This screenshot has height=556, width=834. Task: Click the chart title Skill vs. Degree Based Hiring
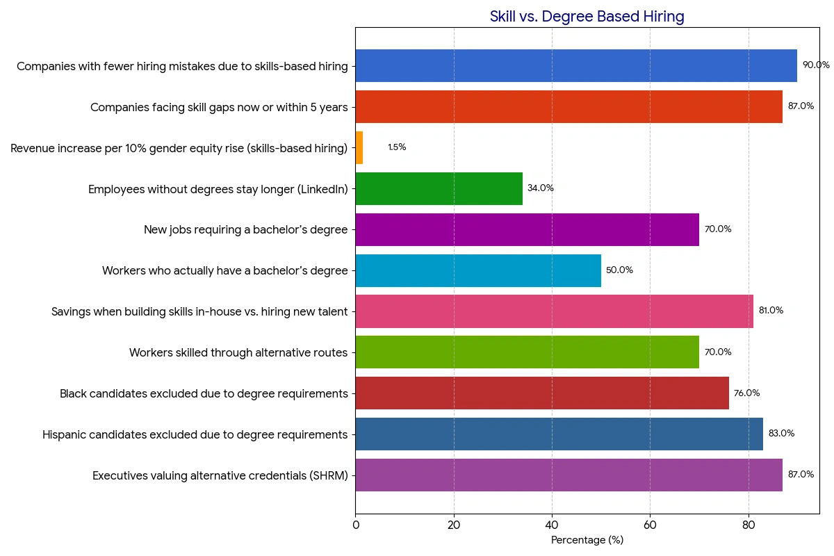pyautogui.click(x=587, y=17)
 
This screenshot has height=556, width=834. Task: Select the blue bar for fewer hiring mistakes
pyautogui.click(x=575, y=66)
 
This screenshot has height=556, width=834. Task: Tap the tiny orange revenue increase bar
pyautogui.click(x=359, y=147)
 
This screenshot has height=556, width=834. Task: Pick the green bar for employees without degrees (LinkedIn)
pyautogui.click(x=439, y=188)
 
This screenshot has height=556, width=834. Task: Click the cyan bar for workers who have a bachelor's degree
pyautogui.click(x=477, y=270)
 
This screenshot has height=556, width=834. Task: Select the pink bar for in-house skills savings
pyautogui.click(x=554, y=311)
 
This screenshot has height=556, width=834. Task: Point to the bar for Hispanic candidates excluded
pyautogui.click(x=559, y=434)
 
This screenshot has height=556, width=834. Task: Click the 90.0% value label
pyautogui.click(x=816, y=65)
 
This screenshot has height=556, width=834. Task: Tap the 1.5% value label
pyautogui.click(x=397, y=147)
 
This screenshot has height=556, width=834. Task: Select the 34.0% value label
pyautogui.click(x=541, y=188)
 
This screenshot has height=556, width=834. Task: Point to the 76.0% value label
pyautogui.click(x=746, y=393)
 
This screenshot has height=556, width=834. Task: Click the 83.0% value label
pyautogui.click(x=781, y=434)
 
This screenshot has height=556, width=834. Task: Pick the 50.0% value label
pyautogui.click(x=619, y=270)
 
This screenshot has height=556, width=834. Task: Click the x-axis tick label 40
pyautogui.click(x=552, y=525)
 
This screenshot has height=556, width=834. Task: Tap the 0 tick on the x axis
pyautogui.click(x=356, y=525)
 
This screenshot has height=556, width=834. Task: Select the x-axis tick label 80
pyautogui.click(x=749, y=525)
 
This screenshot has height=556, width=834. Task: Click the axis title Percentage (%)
pyautogui.click(x=587, y=541)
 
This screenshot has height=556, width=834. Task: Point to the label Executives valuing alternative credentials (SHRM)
pyautogui.click(x=220, y=476)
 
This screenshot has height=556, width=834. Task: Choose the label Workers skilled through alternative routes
pyautogui.click(x=238, y=353)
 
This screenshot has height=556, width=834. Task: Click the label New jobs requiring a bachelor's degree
pyautogui.click(x=245, y=230)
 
